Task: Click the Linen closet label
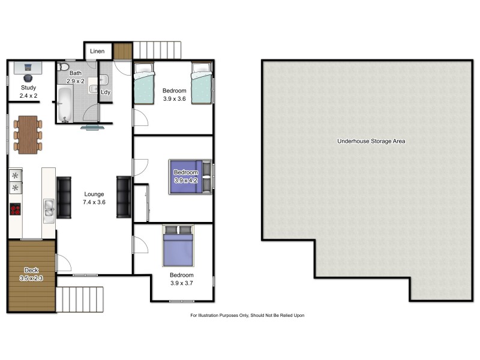tap(97, 51)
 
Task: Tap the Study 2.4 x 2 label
tap(28, 91)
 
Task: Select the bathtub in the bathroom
tap(65, 104)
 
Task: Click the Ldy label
tap(106, 92)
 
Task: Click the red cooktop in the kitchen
tap(15, 209)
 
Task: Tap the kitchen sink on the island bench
tap(49, 208)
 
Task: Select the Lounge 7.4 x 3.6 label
tap(94, 198)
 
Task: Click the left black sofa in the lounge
tap(64, 197)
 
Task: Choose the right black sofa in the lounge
tap(124, 197)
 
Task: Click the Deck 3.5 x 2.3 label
tap(31, 274)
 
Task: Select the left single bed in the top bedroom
tap(144, 83)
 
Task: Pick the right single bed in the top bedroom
tap(202, 83)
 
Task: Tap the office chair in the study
tap(28, 77)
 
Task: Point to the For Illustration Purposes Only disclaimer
tap(247, 315)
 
